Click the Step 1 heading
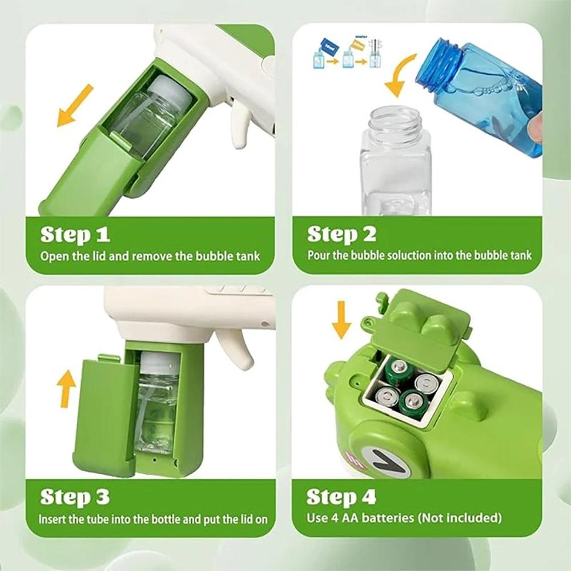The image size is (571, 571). click(75, 234)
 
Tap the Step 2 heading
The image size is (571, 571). click(341, 234)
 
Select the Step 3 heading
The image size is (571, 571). click(75, 497)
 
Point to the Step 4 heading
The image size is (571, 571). click(341, 497)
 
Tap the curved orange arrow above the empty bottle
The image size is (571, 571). click(403, 74)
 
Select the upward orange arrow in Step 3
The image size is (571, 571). click(67, 388)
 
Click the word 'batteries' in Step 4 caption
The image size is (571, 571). click(396, 518)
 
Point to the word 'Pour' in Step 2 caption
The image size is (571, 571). click(319, 255)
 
